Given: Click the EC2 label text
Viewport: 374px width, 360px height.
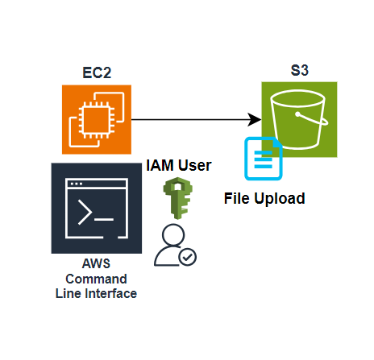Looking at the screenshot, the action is point(97,72).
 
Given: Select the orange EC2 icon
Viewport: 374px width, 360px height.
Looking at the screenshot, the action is point(97,119).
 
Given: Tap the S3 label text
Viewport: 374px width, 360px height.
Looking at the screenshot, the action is point(300,70).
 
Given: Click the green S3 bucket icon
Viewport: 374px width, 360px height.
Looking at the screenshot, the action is point(299,119).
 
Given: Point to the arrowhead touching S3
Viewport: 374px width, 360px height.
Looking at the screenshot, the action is point(255,119).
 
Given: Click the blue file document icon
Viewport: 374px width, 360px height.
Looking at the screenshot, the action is point(264,159).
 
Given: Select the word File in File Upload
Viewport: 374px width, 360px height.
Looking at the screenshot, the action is point(237,198).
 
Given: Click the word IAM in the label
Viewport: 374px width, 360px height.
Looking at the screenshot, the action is point(160,165).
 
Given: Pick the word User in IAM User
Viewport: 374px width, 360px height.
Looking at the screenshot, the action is point(195,165).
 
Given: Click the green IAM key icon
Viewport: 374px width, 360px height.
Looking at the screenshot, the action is point(177,198).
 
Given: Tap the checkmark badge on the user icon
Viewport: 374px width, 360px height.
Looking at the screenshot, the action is point(188,257).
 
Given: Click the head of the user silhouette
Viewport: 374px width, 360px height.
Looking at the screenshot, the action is point(173,234).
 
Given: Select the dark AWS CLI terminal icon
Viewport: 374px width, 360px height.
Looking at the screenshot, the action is point(97,208).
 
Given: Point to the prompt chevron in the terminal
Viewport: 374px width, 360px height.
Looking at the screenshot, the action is point(85,212).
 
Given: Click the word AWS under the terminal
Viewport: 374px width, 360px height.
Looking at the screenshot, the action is point(96,263).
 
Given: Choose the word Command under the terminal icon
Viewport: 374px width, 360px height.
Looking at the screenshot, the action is point(96,279).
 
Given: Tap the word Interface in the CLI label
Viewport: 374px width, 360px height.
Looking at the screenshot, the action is point(111,293).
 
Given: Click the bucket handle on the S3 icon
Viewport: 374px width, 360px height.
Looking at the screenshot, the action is point(313,118).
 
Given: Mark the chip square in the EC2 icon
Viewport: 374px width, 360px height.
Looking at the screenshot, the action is point(97,120).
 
